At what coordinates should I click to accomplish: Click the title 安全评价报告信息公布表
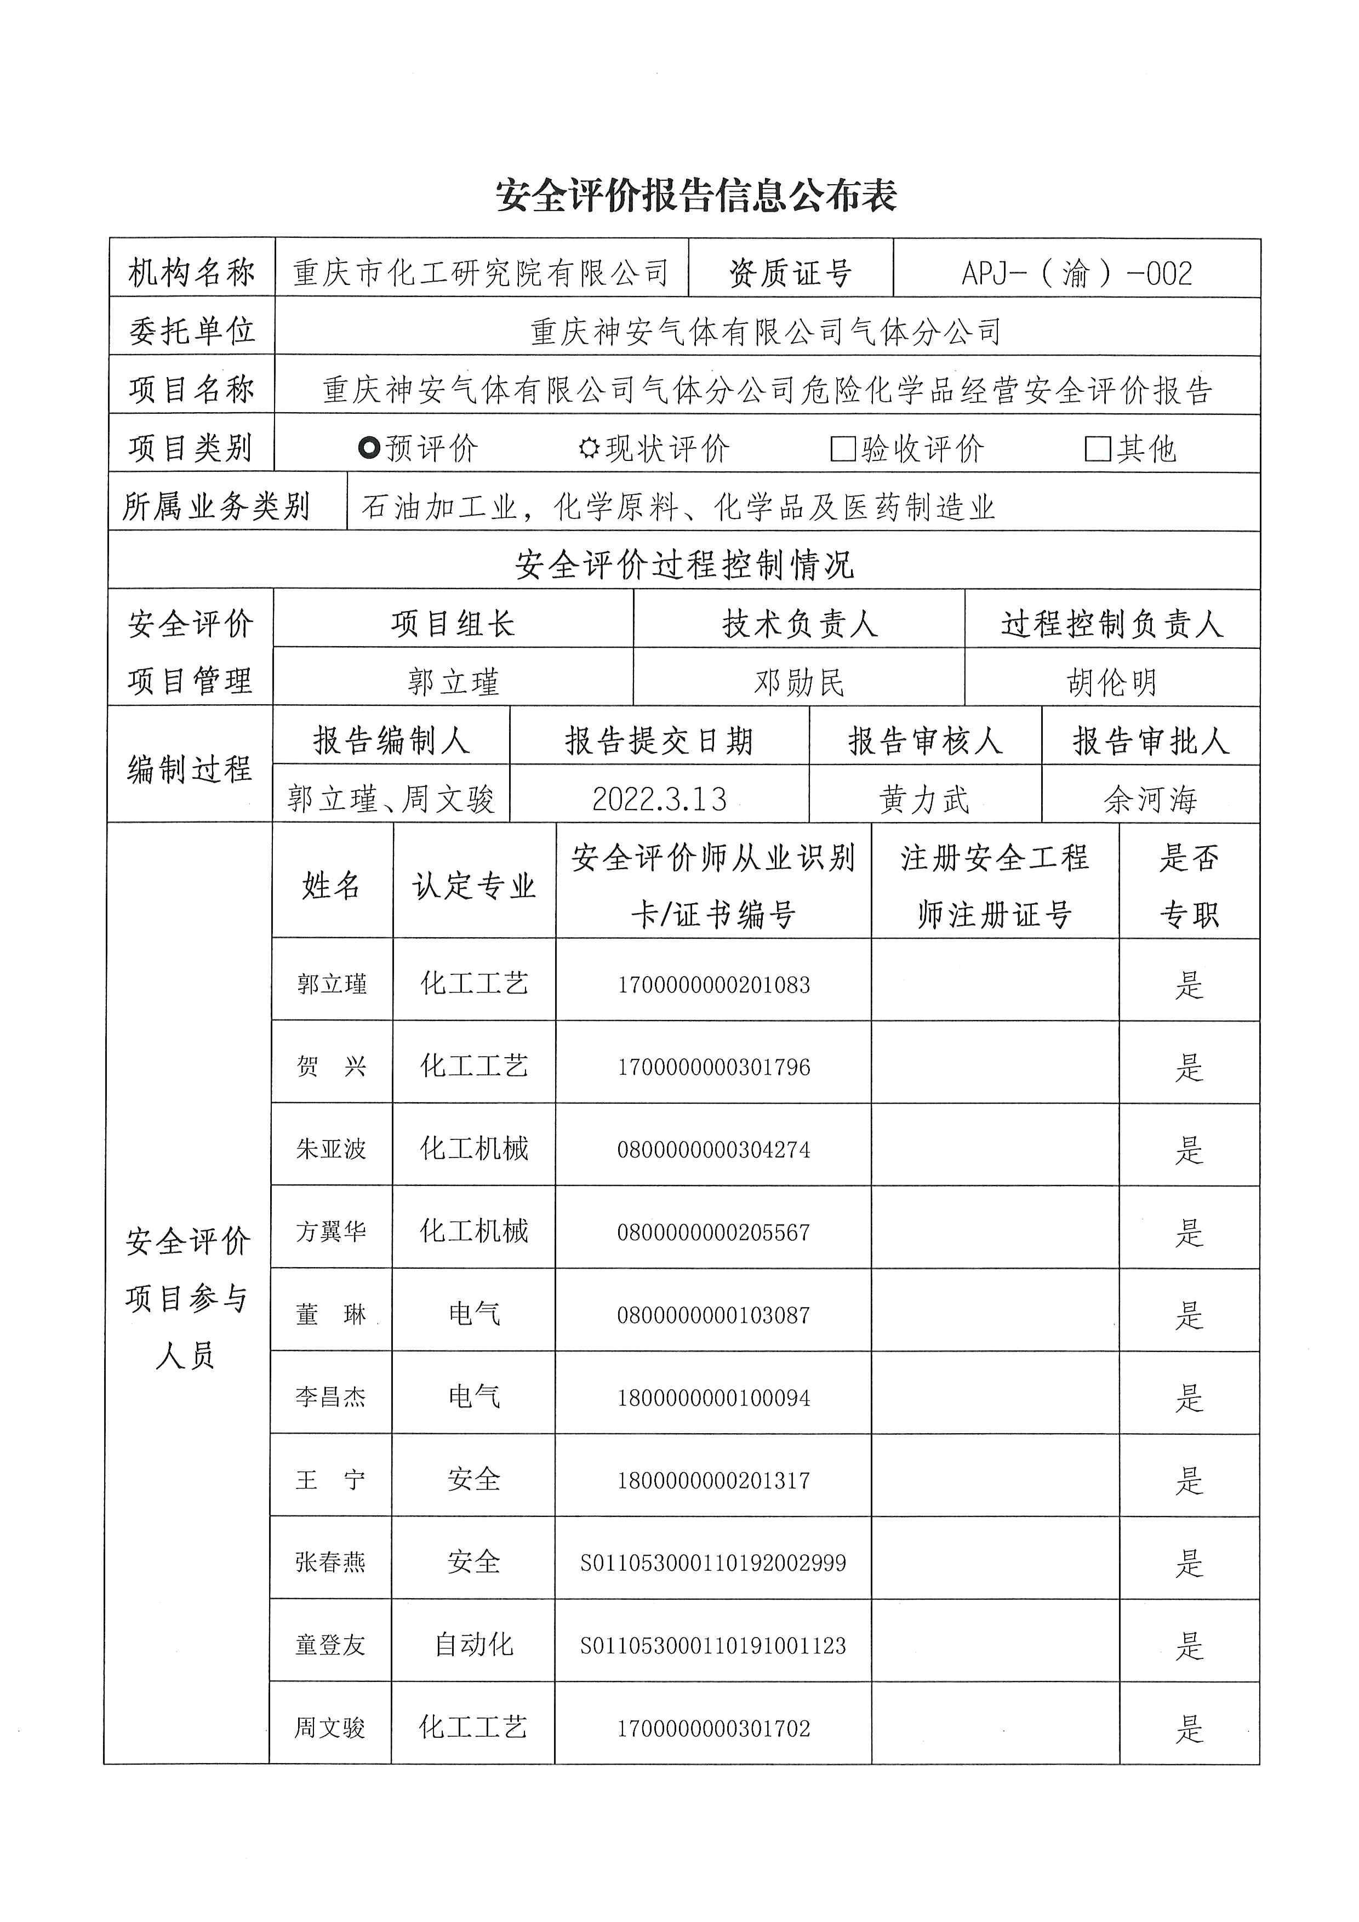click(x=696, y=196)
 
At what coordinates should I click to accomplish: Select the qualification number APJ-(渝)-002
click(x=1076, y=273)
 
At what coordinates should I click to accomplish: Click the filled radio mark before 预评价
click(x=369, y=449)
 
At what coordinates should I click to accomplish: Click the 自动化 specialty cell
click(x=473, y=1645)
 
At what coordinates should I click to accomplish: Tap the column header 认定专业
click(x=473, y=886)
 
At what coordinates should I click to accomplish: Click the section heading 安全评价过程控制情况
click(x=684, y=565)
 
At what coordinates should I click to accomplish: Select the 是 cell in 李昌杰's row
click(x=1189, y=1397)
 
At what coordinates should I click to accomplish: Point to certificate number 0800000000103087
click(x=714, y=1315)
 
